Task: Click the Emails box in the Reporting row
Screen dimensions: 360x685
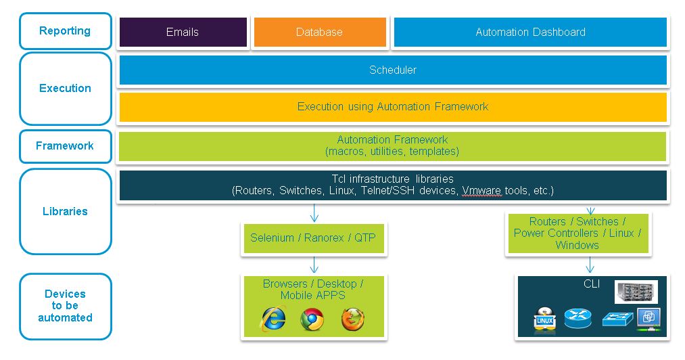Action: [x=183, y=32]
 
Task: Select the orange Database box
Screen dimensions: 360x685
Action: [x=319, y=32]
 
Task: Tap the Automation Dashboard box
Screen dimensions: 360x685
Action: [x=530, y=32]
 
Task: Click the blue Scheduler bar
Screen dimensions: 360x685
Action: [x=393, y=70]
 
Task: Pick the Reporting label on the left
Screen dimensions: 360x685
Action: [x=65, y=31]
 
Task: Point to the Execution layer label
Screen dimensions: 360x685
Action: [x=65, y=88]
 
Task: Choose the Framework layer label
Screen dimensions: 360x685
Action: [x=65, y=146]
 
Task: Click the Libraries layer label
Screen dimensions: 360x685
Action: [x=65, y=211]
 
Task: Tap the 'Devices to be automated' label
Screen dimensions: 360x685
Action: [x=65, y=306]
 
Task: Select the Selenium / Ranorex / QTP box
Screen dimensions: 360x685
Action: [x=313, y=238]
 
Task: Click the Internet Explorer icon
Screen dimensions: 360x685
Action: [x=274, y=319]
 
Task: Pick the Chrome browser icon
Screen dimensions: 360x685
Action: [x=312, y=319]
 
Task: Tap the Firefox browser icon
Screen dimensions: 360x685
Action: [x=352, y=319]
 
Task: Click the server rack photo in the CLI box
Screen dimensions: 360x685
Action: [x=636, y=292]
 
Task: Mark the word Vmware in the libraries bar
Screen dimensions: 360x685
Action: [x=481, y=191]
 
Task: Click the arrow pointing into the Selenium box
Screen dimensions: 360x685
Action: [x=314, y=215]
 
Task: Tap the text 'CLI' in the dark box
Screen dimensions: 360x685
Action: [x=592, y=284]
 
